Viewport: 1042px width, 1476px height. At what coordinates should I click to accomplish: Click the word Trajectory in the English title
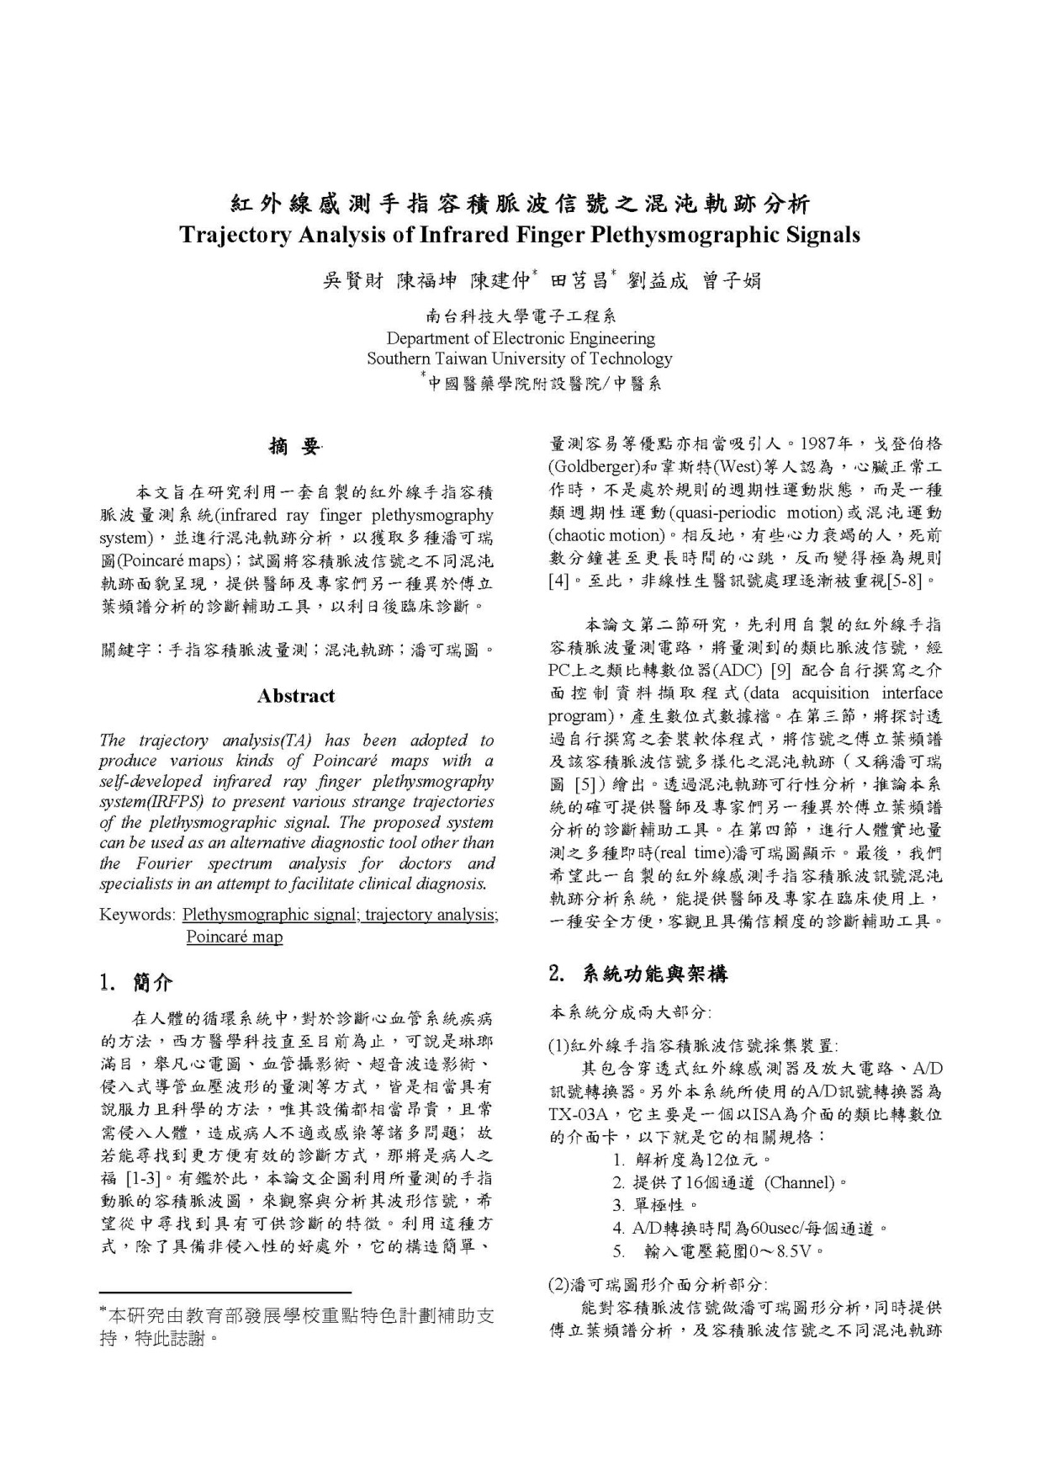point(235,235)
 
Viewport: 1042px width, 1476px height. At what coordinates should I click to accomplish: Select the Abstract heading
point(296,696)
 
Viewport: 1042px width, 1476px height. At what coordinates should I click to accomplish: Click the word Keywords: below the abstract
point(136,915)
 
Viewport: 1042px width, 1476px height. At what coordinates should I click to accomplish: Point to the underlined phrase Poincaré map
point(234,937)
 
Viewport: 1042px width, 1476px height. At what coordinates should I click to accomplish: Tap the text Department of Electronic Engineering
point(520,338)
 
